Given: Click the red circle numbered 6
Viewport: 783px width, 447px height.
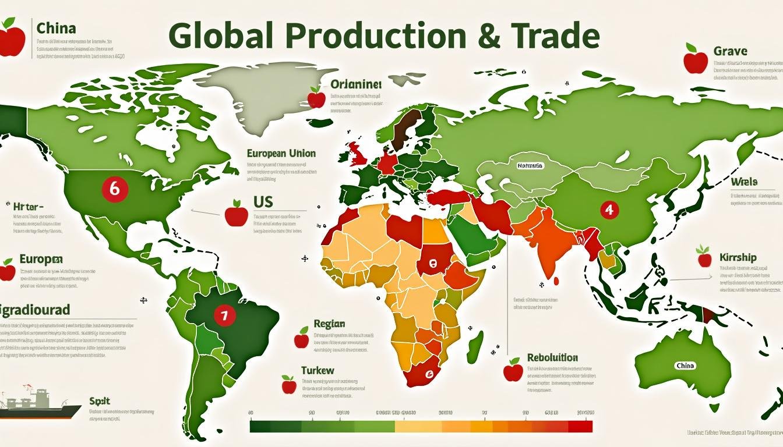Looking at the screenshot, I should (x=114, y=189).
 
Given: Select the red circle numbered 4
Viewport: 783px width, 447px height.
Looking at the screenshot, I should (x=609, y=210).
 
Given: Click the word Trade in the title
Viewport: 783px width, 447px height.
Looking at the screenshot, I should (x=553, y=37).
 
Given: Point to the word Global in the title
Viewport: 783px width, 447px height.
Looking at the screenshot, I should (x=221, y=37).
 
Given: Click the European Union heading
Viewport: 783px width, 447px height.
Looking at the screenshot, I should (x=281, y=154).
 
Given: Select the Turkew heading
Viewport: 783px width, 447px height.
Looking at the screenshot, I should (x=318, y=370).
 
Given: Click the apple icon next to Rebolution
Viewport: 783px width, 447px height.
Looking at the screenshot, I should (x=513, y=370).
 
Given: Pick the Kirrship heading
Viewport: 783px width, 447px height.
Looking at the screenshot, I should (x=738, y=257).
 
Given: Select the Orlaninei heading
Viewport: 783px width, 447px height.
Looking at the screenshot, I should (x=355, y=84).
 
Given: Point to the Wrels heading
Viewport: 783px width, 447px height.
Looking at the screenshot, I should (x=743, y=182).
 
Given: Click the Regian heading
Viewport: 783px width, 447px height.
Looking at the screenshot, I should (x=329, y=324).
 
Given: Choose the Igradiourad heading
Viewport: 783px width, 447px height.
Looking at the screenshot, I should (x=35, y=308).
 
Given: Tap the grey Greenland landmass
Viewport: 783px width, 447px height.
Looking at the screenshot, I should (x=262, y=96).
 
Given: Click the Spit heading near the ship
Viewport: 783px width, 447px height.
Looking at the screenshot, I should (x=100, y=401).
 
